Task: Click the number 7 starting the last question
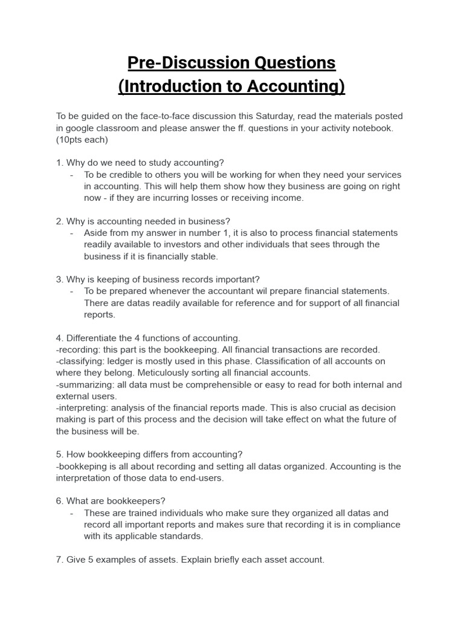(59, 560)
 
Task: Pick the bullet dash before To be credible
(72, 175)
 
